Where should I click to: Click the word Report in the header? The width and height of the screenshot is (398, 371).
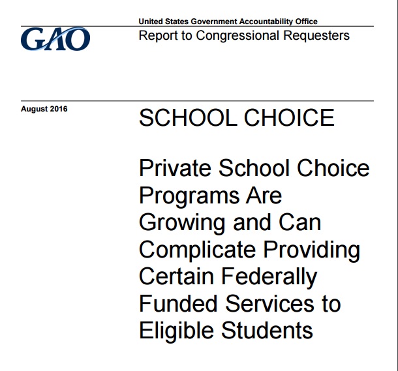(x=157, y=35)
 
